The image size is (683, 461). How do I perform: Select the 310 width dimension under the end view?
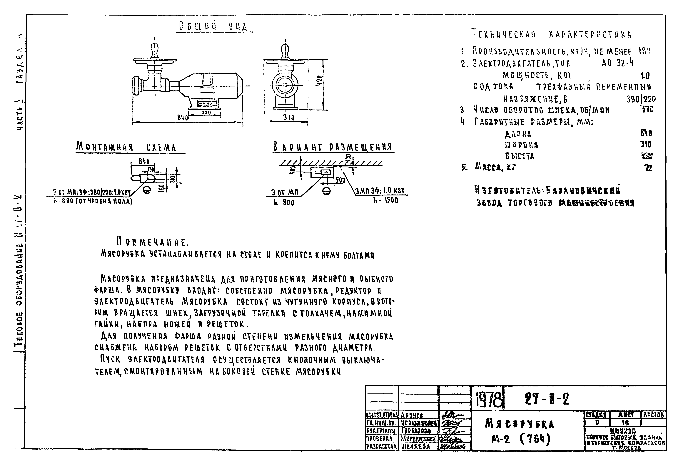pos(289,118)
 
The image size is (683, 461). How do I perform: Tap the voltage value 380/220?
pos(641,99)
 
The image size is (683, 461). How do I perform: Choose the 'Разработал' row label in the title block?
pos(381,447)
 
